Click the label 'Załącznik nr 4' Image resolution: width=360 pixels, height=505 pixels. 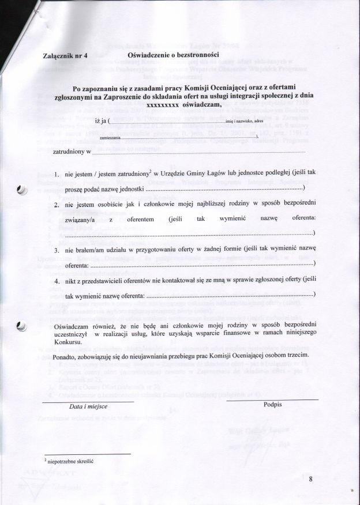(66, 56)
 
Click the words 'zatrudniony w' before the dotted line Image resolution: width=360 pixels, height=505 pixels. (71, 152)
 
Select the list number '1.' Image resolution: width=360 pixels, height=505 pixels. (58, 174)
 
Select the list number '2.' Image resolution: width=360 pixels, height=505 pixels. (58, 205)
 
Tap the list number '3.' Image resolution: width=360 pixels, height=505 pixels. (58, 251)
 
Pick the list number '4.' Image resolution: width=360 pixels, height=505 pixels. (58, 281)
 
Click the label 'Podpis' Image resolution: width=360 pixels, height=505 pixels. (272, 405)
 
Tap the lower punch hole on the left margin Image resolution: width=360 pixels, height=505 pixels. (22, 326)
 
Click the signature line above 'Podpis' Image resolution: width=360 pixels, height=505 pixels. (272, 399)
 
